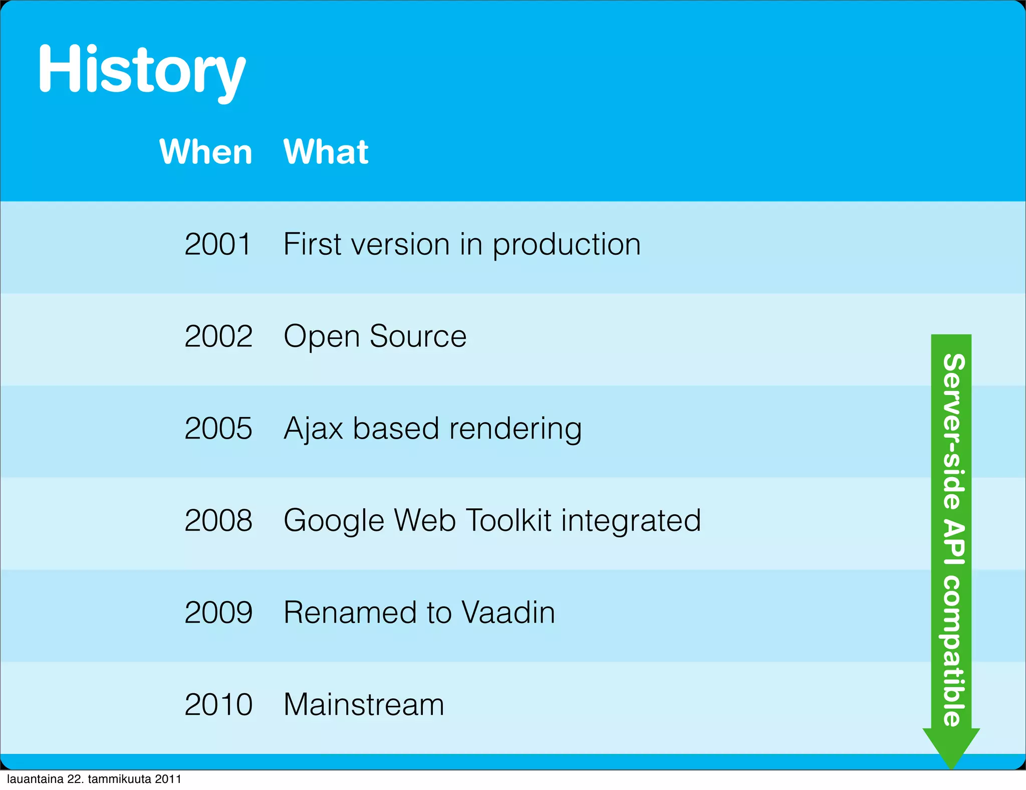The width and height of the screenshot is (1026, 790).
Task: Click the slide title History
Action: coord(141,70)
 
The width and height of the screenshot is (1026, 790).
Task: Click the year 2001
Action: coord(217,245)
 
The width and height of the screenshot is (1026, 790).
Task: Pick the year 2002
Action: coord(218,336)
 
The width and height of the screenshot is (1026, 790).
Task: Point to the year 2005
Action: coord(218,429)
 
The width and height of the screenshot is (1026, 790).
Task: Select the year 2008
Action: coord(218,520)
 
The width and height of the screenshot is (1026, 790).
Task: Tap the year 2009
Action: coord(218,613)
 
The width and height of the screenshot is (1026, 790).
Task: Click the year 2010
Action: coord(218,705)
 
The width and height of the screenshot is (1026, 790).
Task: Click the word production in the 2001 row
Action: coord(566,246)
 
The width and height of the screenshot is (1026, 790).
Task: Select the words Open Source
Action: coord(375,336)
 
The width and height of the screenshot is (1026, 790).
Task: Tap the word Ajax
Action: coord(313,429)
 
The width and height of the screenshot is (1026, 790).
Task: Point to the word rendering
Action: coord(515,430)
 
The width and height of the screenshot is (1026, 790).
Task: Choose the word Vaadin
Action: coord(508,613)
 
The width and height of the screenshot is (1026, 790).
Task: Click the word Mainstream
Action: coord(364,705)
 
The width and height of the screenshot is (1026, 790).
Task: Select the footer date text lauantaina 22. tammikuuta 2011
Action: coord(94,779)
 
